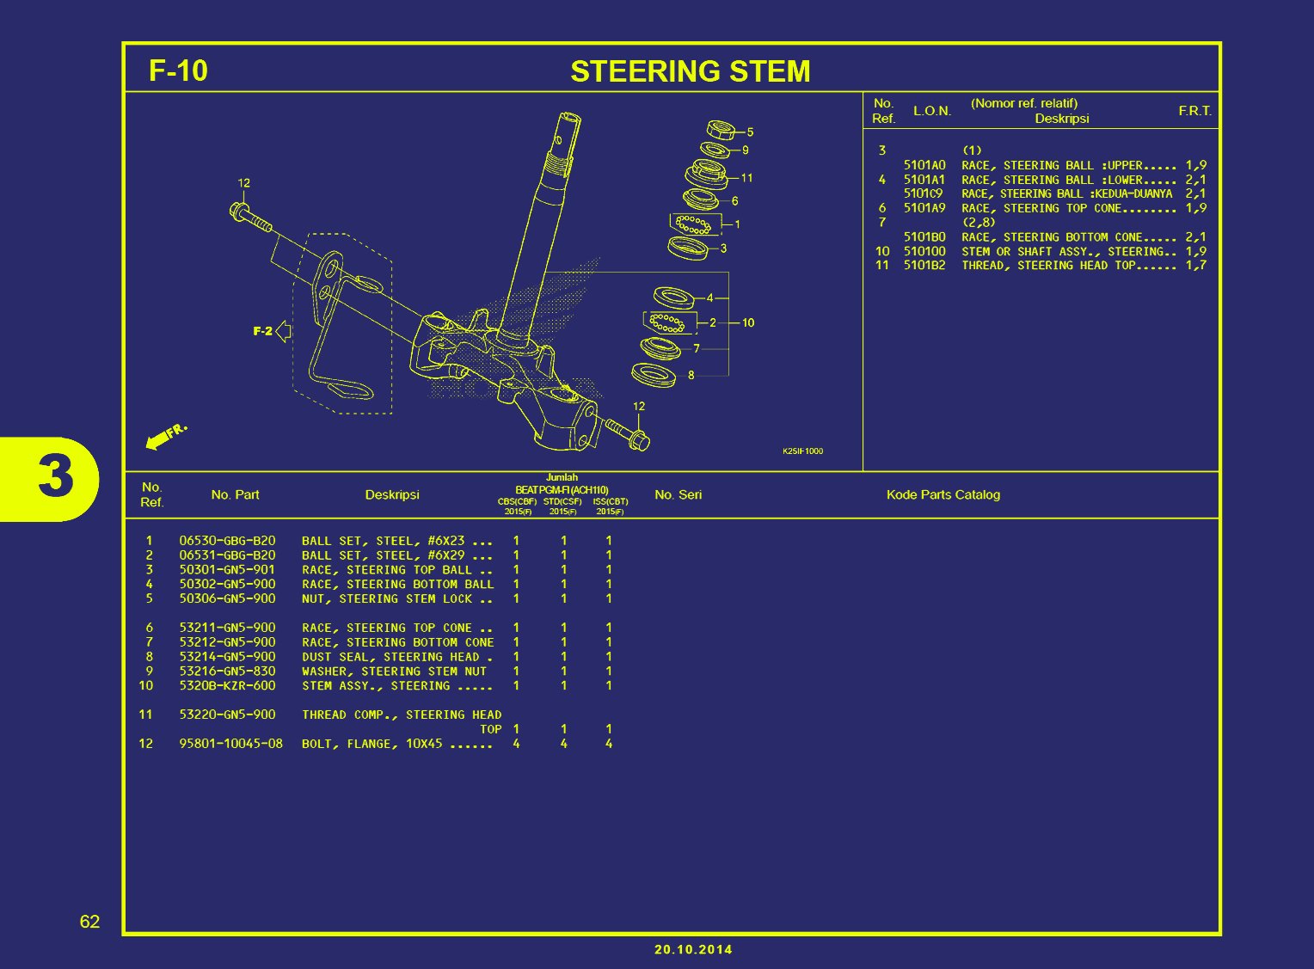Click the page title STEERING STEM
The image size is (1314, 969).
[x=690, y=71]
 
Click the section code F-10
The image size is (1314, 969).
[x=178, y=71]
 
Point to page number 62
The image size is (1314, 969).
[x=89, y=922]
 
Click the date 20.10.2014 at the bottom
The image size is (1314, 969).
[x=693, y=949]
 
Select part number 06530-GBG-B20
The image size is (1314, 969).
[x=227, y=541]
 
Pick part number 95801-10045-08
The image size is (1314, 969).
[x=230, y=744]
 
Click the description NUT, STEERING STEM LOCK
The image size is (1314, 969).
[x=396, y=598]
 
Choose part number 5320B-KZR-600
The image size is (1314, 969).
[x=227, y=686]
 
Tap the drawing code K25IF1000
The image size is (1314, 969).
[x=802, y=451]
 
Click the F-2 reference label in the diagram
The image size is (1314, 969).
[x=262, y=331]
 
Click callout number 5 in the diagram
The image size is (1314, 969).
[x=750, y=132]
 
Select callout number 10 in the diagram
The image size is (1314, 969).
[x=748, y=323]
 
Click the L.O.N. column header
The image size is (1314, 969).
[x=932, y=111]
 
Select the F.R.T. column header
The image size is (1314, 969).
[x=1194, y=111]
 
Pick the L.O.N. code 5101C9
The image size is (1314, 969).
[x=923, y=193]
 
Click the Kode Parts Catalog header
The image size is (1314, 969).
[x=943, y=495]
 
